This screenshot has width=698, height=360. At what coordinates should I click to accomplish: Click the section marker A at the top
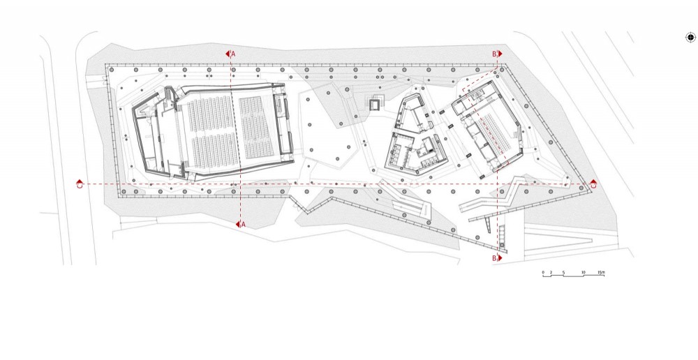[x=231, y=53]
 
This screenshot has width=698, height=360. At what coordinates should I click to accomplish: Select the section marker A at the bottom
[x=240, y=224]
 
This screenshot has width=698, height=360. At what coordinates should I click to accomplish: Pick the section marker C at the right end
[x=593, y=185]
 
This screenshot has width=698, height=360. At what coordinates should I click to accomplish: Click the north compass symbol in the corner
[x=690, y=38]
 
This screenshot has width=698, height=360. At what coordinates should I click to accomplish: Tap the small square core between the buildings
[x=376, y=105]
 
